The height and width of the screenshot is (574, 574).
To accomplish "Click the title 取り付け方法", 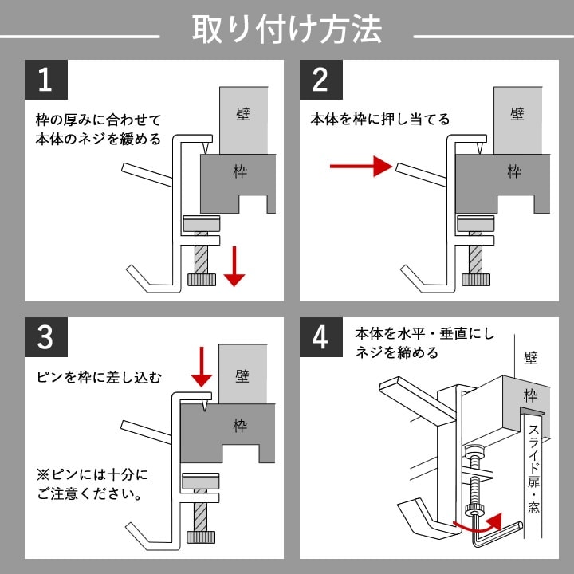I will point(287,29).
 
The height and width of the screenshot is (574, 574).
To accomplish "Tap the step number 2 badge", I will point(320,80).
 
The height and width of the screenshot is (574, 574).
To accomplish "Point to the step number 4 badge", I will point(320,336).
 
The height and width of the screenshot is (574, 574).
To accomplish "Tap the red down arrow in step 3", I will point(203,366).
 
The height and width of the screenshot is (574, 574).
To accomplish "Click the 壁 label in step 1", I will point(242,114).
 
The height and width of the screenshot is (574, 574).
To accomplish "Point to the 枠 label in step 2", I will point(514,171).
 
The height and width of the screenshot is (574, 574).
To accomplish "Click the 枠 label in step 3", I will point(240,425).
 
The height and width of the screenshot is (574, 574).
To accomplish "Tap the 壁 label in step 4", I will point(531,359).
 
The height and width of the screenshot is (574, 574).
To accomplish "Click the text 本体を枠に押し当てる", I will point(380,120).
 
